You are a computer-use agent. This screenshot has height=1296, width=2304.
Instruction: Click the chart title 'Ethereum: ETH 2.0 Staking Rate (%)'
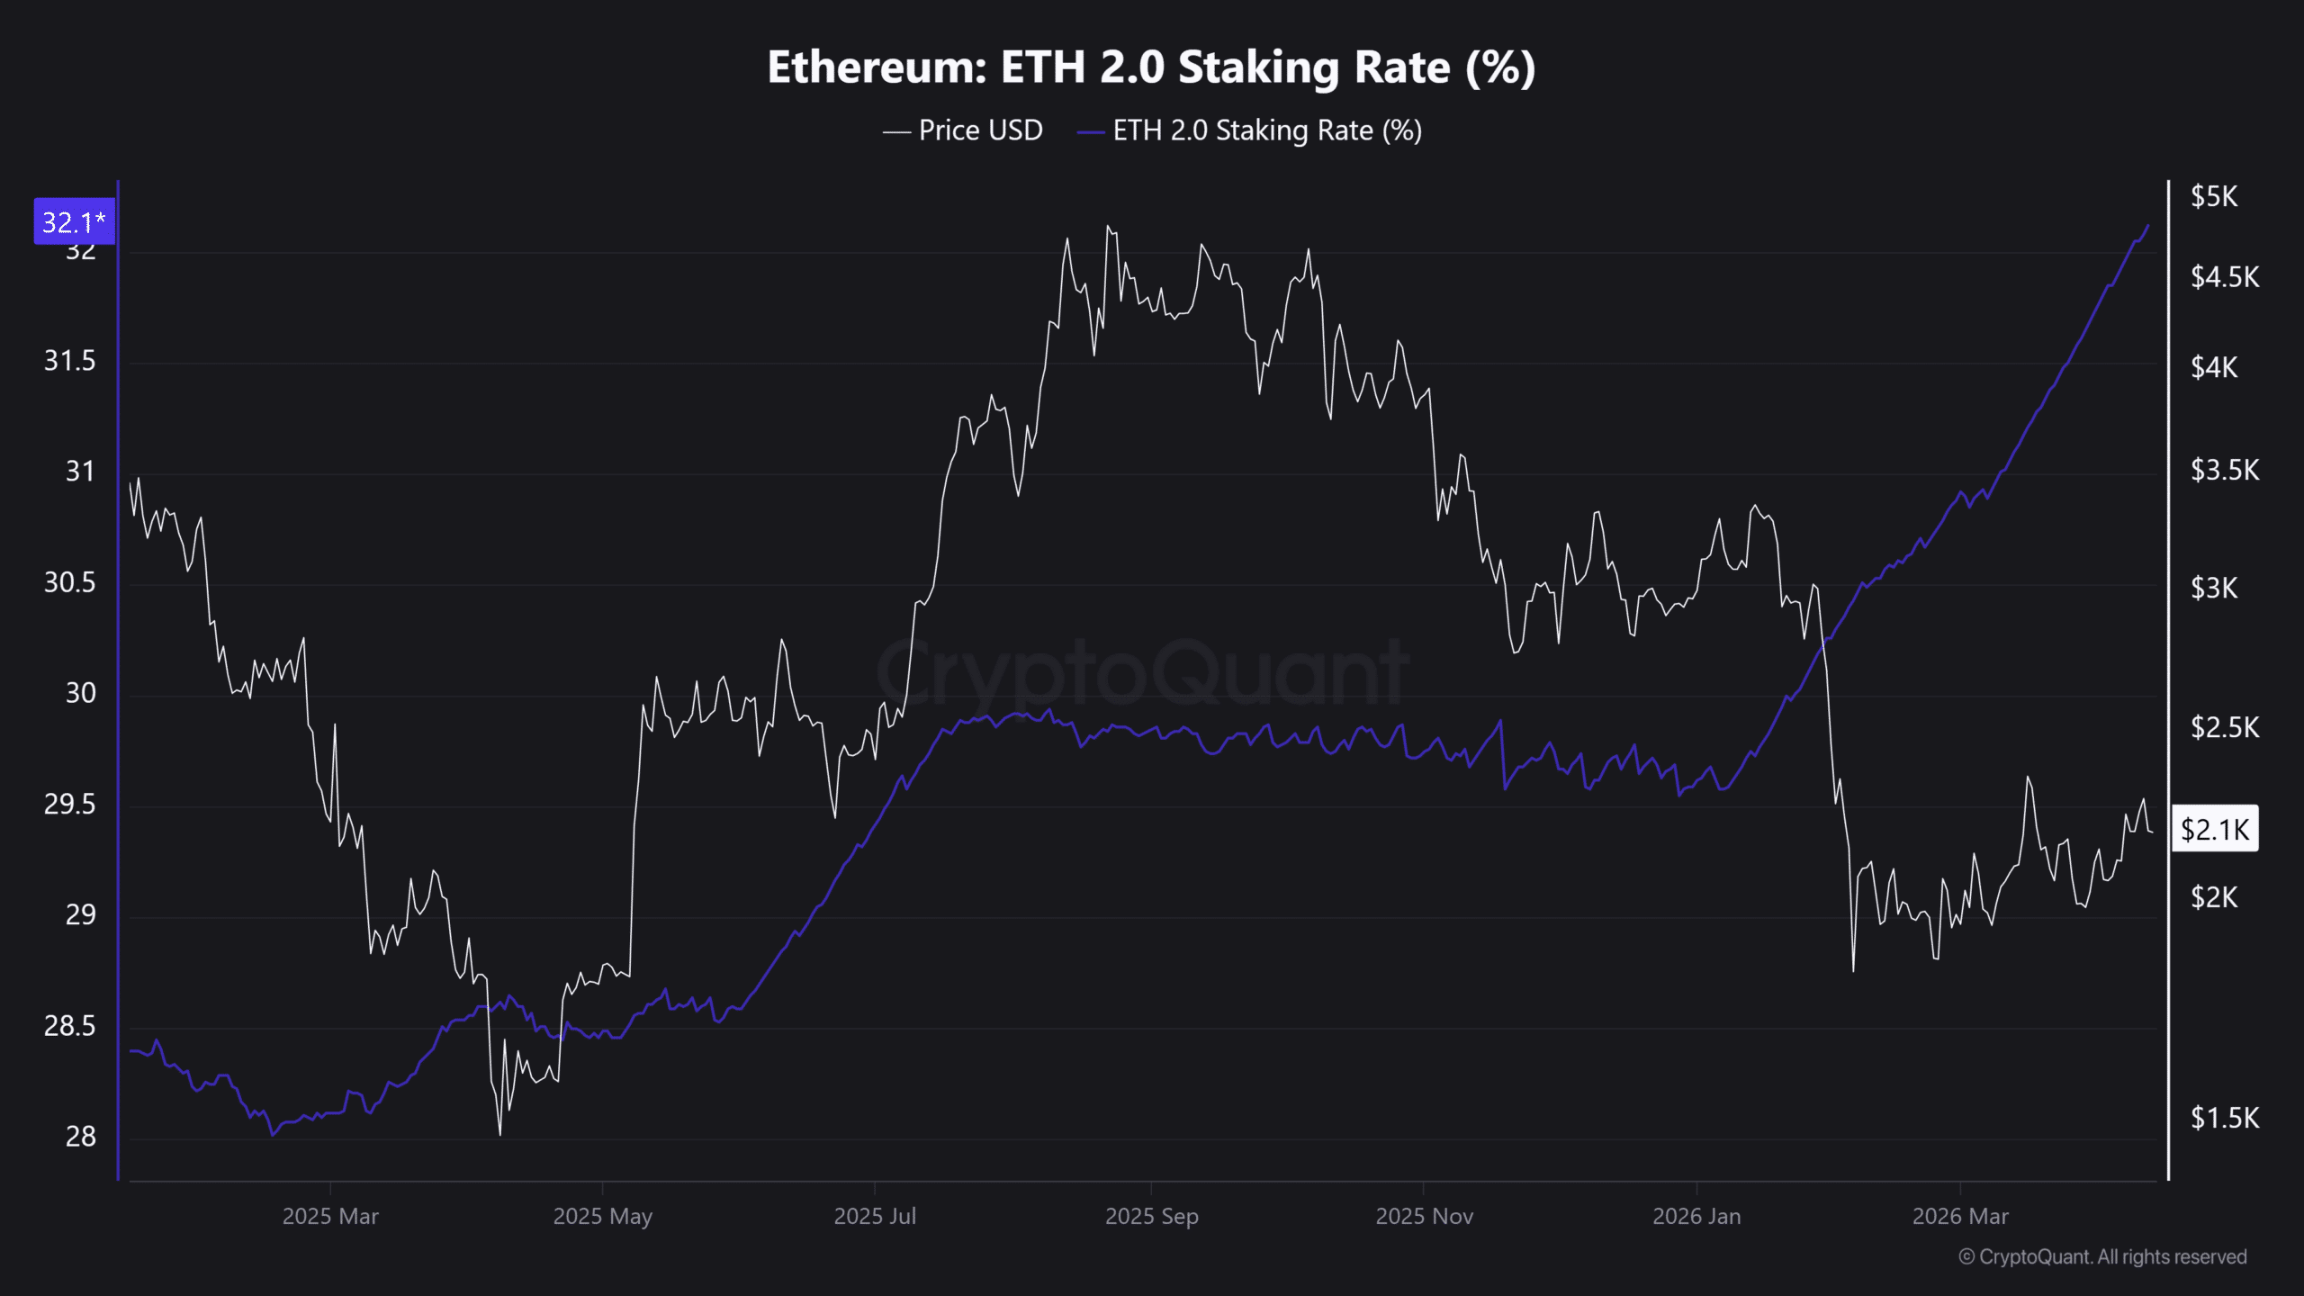[1151, 67]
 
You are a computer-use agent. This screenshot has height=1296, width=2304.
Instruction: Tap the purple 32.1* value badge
[74, 221]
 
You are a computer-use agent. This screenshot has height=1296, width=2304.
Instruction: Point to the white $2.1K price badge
[2215, 829]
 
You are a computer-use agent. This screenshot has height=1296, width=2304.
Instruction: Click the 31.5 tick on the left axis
[69, 361]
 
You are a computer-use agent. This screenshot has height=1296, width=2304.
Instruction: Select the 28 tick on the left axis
[80, 1137]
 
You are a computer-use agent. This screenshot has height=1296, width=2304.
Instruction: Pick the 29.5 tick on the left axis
[69, 804]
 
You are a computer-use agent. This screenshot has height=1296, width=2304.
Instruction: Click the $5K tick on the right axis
[2214, 196]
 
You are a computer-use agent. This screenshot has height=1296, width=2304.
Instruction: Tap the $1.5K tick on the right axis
[2225, 1118]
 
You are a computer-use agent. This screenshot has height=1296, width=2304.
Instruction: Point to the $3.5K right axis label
[2225, 470]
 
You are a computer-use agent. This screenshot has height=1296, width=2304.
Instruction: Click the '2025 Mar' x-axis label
[330, 1216]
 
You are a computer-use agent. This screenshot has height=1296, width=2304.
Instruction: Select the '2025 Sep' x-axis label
[1151, 1216]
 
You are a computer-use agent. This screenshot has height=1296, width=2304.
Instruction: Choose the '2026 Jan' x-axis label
[1696, 1216]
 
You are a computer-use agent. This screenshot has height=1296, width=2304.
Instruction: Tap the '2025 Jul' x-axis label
[875, 1216]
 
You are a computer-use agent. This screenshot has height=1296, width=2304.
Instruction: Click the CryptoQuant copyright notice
[2102, 1256]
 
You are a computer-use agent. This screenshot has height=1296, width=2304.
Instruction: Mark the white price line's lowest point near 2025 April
[500, 1134]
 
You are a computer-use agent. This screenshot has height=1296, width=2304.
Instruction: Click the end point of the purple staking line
[2148, 226]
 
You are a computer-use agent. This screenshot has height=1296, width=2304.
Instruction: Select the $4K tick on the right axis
[2214, 367]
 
